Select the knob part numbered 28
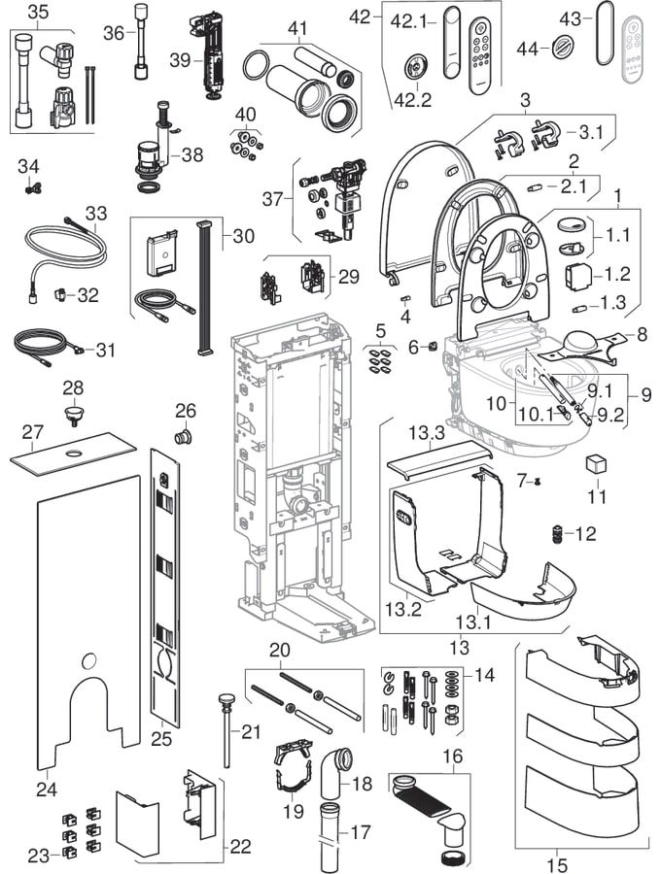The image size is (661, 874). point(74,416)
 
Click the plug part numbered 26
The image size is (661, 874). point(182,436)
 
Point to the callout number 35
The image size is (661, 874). point(37,12)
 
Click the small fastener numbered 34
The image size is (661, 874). point(33,188)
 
